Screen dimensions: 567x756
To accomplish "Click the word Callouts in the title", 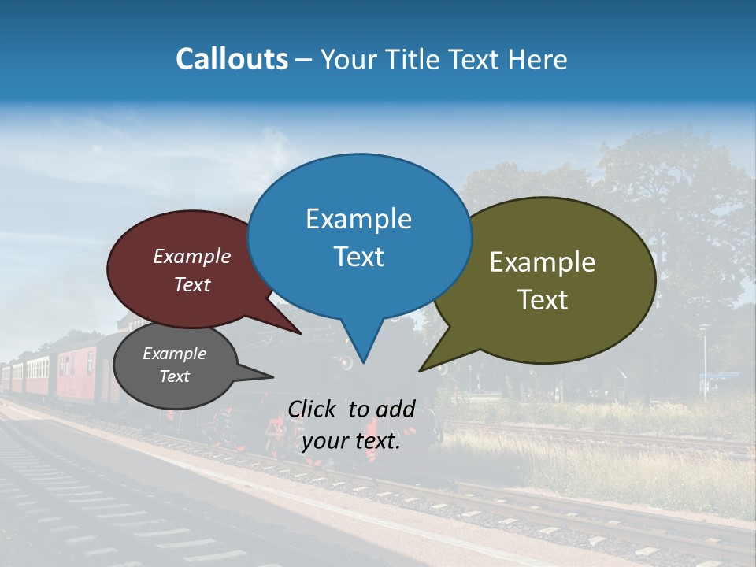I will coord(232,59).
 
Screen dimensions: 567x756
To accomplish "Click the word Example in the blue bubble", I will coord(358,219).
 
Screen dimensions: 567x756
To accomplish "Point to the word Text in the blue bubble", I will coord(358,257).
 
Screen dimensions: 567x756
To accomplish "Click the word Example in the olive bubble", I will coord(543,262).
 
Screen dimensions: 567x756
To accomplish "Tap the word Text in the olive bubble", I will coord(543,300).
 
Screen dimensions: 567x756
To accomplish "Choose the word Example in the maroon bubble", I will coord(192,257).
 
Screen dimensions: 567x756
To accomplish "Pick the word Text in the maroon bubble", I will coord(192,284).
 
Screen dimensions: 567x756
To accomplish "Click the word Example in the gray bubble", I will coord(174,354).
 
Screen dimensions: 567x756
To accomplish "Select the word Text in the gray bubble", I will coord(174,376).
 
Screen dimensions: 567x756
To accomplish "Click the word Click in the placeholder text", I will coord(313,409).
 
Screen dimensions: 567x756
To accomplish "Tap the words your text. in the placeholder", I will coord(350,441).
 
